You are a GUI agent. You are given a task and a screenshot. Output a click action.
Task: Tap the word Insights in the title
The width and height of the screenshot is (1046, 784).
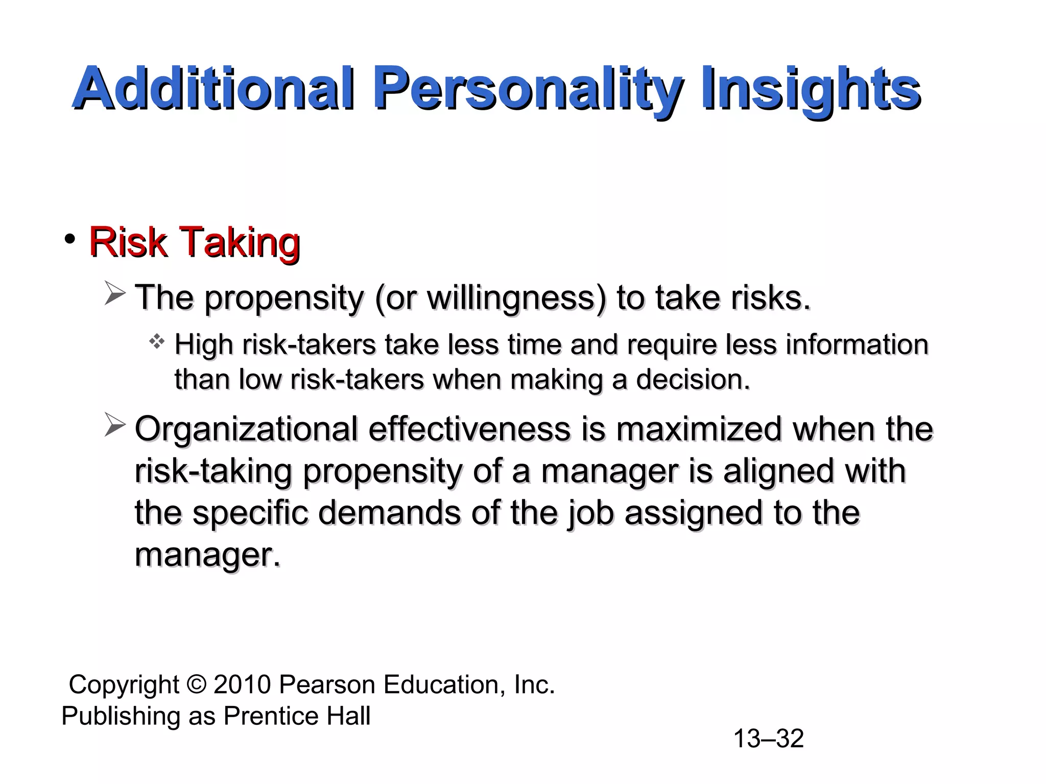click(811, 89)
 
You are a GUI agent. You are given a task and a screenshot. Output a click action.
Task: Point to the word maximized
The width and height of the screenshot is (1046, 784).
click(699, 429)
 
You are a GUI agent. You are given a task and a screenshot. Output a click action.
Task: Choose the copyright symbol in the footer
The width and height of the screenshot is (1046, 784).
click(197, 684)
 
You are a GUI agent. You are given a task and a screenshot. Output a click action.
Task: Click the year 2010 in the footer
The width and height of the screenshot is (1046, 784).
click(242, 684)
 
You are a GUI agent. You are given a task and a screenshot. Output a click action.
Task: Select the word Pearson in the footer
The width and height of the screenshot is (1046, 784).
click(326, 684)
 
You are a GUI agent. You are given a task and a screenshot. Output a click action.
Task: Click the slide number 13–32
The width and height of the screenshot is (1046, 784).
click(768, 739)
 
